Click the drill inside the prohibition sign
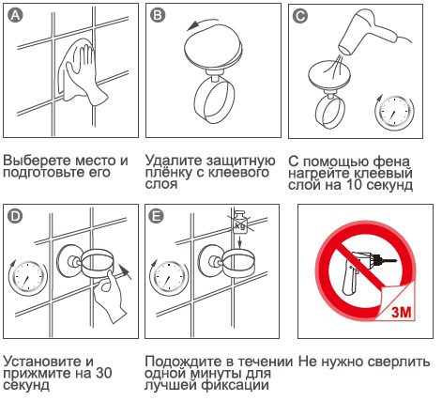click(361, 268)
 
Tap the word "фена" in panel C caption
click(395, 160)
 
